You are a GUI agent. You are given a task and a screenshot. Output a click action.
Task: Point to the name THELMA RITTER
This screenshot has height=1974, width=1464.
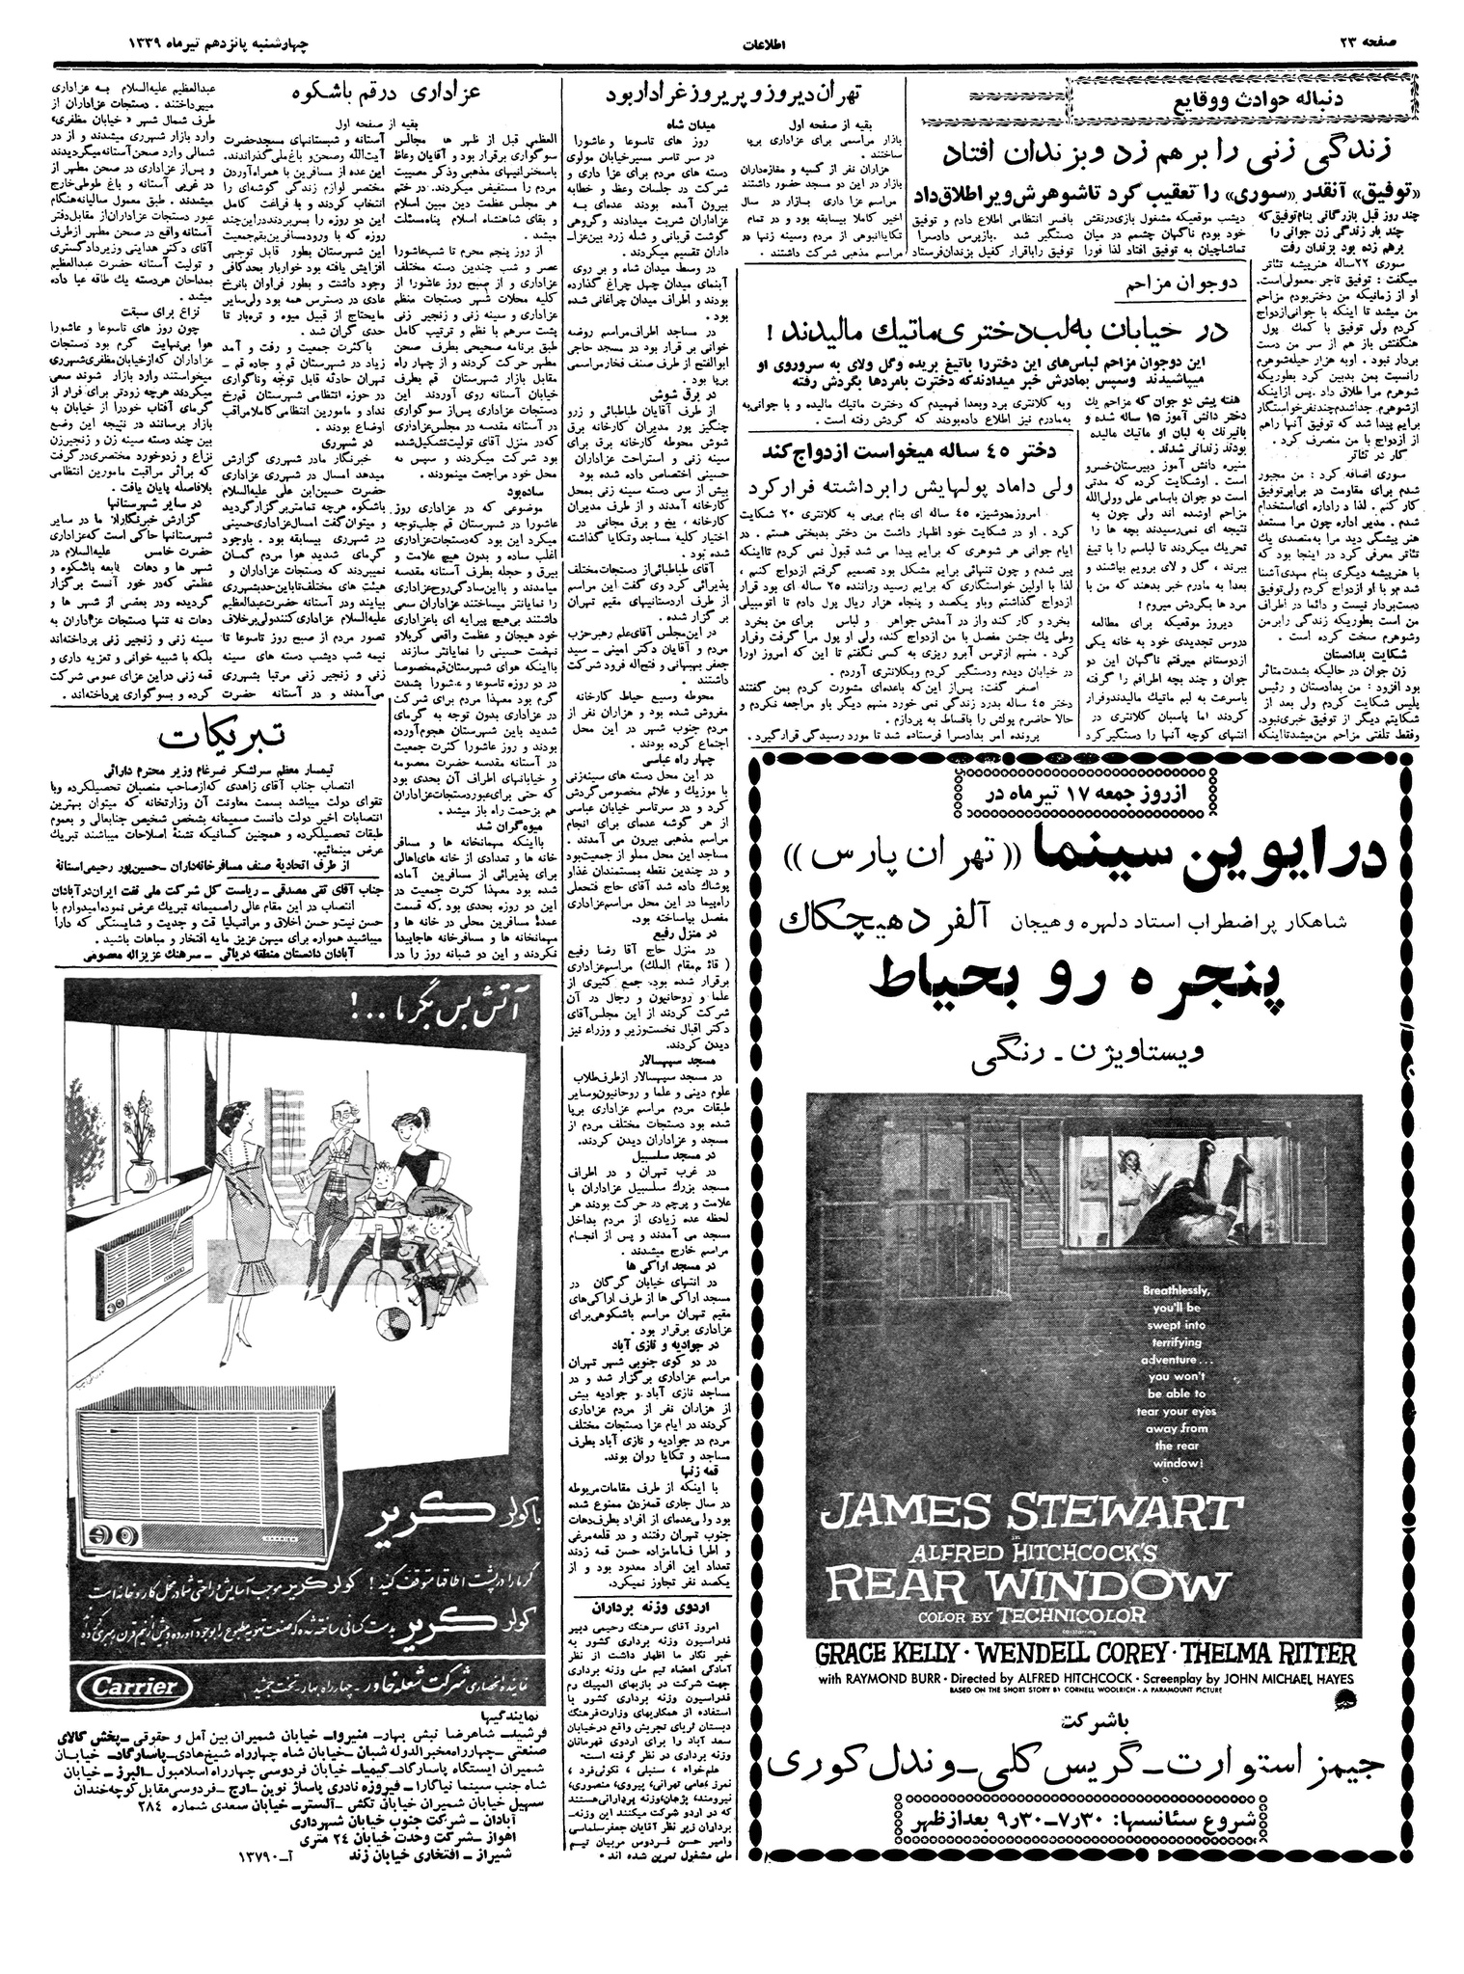pyautogui.click(x=1254, y=1653)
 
